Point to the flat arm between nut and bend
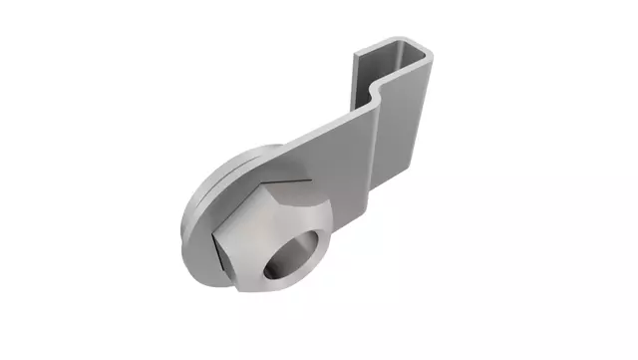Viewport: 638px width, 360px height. [329, 160]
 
